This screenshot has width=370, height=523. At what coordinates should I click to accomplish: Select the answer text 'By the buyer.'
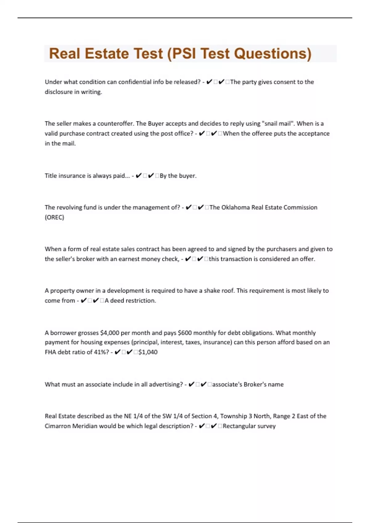[178, 176]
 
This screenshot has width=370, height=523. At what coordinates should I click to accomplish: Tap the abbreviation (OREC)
[55, 217]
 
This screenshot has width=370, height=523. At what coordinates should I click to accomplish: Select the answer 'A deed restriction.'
[130, 301]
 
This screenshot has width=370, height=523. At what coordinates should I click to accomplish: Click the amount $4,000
[110, 333]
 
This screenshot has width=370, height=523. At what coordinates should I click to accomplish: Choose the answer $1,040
[148, 352]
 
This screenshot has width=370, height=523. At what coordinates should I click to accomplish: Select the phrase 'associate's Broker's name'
[248, 384]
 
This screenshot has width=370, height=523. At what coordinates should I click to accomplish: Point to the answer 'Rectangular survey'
[249, 426]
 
